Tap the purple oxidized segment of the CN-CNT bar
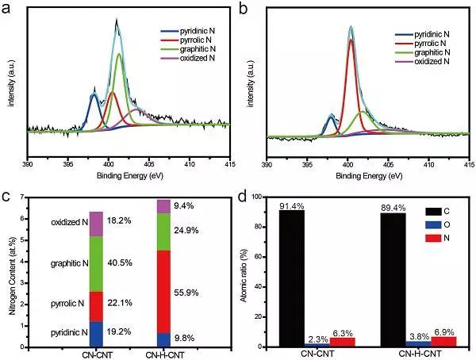(x=96, y=224)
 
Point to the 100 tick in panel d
(x=267, y=197)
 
